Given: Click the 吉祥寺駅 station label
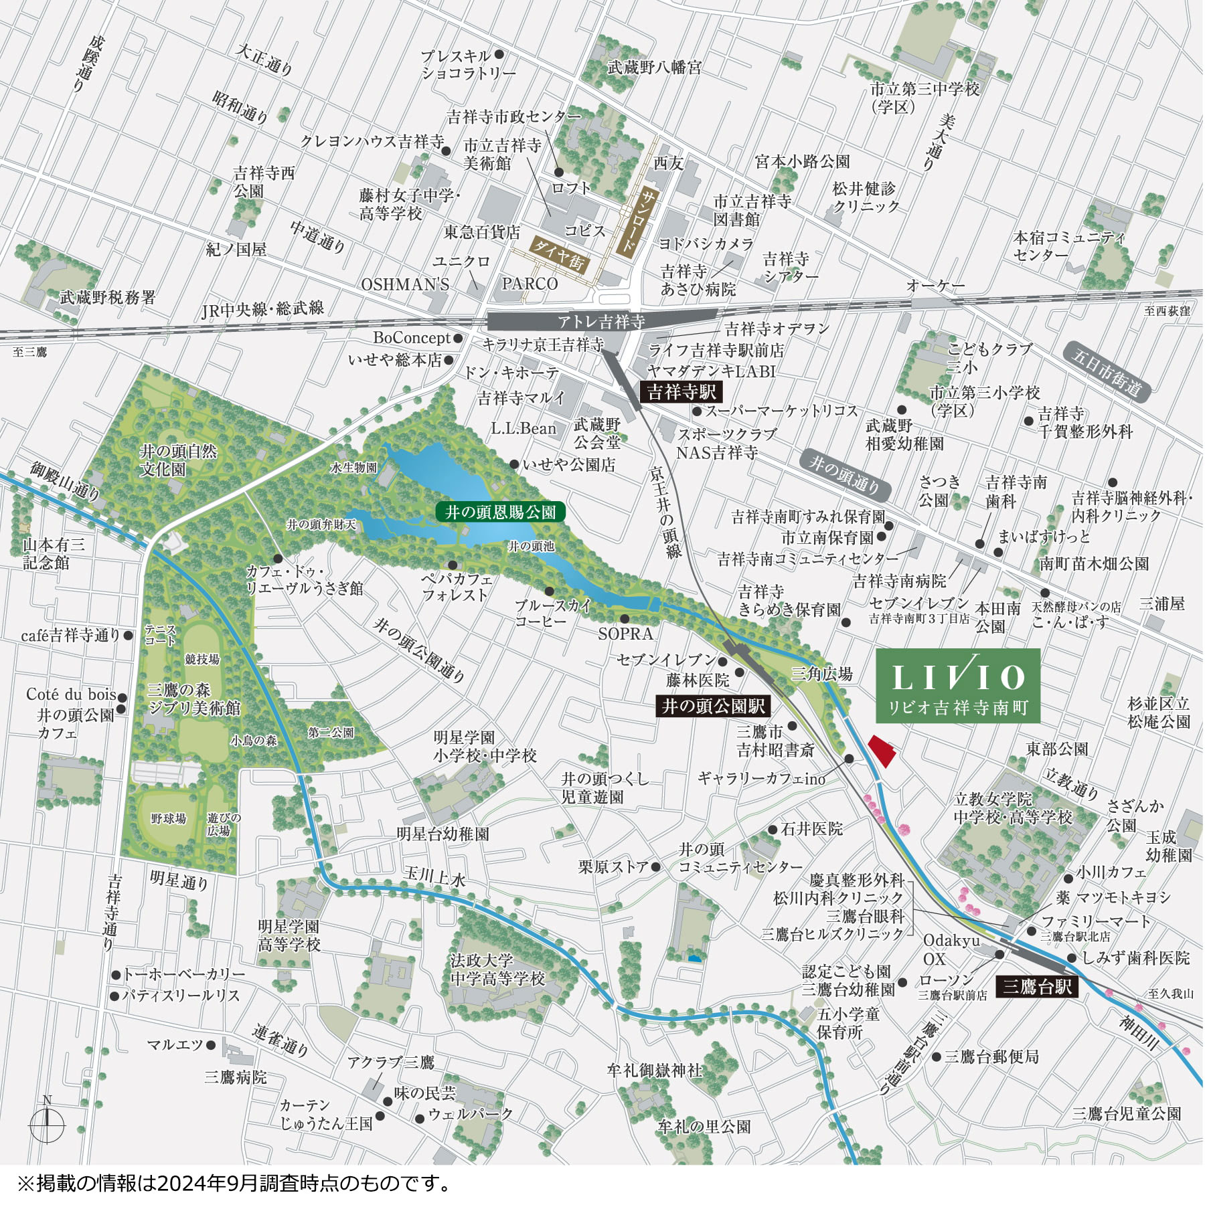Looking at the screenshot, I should coord(681,392).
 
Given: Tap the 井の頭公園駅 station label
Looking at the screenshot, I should coord(713,706).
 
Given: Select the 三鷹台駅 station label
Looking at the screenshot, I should coord(1037,986).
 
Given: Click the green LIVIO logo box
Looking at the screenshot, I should coord(958,685).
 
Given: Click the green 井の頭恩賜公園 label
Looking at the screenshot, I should coord(501,513).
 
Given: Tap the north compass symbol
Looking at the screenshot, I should coord(47,1124).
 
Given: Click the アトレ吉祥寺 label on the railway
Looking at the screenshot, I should coord(601,322).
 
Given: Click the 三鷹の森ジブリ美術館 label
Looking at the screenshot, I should coord(194,699).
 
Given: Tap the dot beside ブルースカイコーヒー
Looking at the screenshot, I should coord(550,591).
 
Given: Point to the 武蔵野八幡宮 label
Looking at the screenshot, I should coord(655,68).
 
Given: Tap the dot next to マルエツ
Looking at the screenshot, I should coord(211,1044).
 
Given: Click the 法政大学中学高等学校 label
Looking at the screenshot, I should coord(497,969).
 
